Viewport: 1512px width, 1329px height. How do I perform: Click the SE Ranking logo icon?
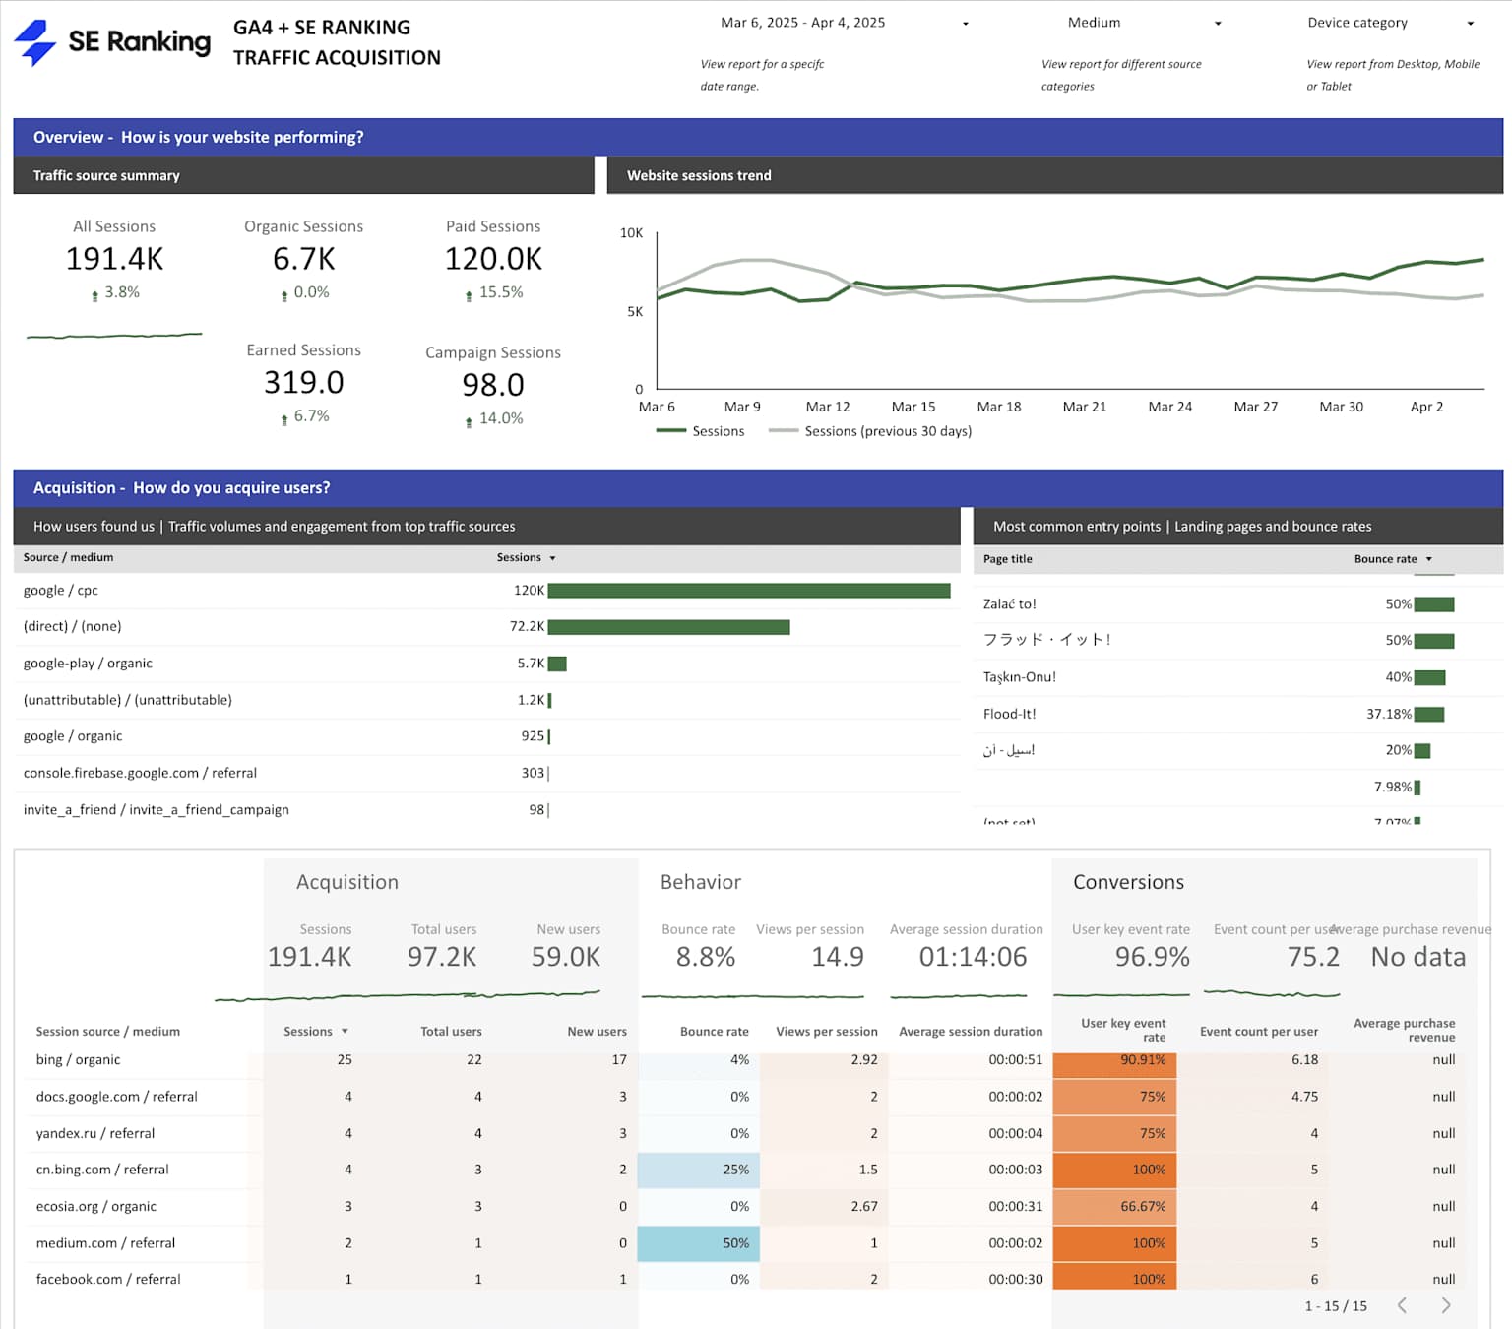click(x=35, y=42)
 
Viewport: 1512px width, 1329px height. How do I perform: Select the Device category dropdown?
click(x=1389, y=23)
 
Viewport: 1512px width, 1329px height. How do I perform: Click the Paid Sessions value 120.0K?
click(x=493, y=259)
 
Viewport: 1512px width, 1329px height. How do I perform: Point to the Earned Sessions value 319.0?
click(x=303, y=382)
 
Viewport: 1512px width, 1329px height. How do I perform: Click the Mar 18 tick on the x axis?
click(x=998, y=407)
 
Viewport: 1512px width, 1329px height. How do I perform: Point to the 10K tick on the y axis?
click(x=631, y=233)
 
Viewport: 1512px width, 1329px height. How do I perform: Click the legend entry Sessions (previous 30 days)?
click(x=887, y=431)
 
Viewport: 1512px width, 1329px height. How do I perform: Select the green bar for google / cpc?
click(x=748, y=591)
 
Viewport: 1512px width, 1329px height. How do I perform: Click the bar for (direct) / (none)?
click(x=668, y=627)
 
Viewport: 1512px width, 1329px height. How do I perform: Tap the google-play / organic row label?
click(x=88, y=664)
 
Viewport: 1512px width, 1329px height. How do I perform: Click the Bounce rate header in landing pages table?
click(x=1385, y=559)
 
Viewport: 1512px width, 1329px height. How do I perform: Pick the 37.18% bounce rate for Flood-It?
click(x=1388, y=714)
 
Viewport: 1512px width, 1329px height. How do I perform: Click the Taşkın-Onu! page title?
click(x=1019, y=677)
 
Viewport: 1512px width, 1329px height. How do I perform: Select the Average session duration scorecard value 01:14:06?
click(x=973, y=957)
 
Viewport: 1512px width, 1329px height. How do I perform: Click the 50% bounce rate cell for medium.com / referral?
click(x=735, y=1243)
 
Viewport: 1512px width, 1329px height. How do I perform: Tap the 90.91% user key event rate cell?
click(x=1142, y=1060)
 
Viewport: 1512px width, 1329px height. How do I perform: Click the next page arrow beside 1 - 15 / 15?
click(x=1445, y=1305)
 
